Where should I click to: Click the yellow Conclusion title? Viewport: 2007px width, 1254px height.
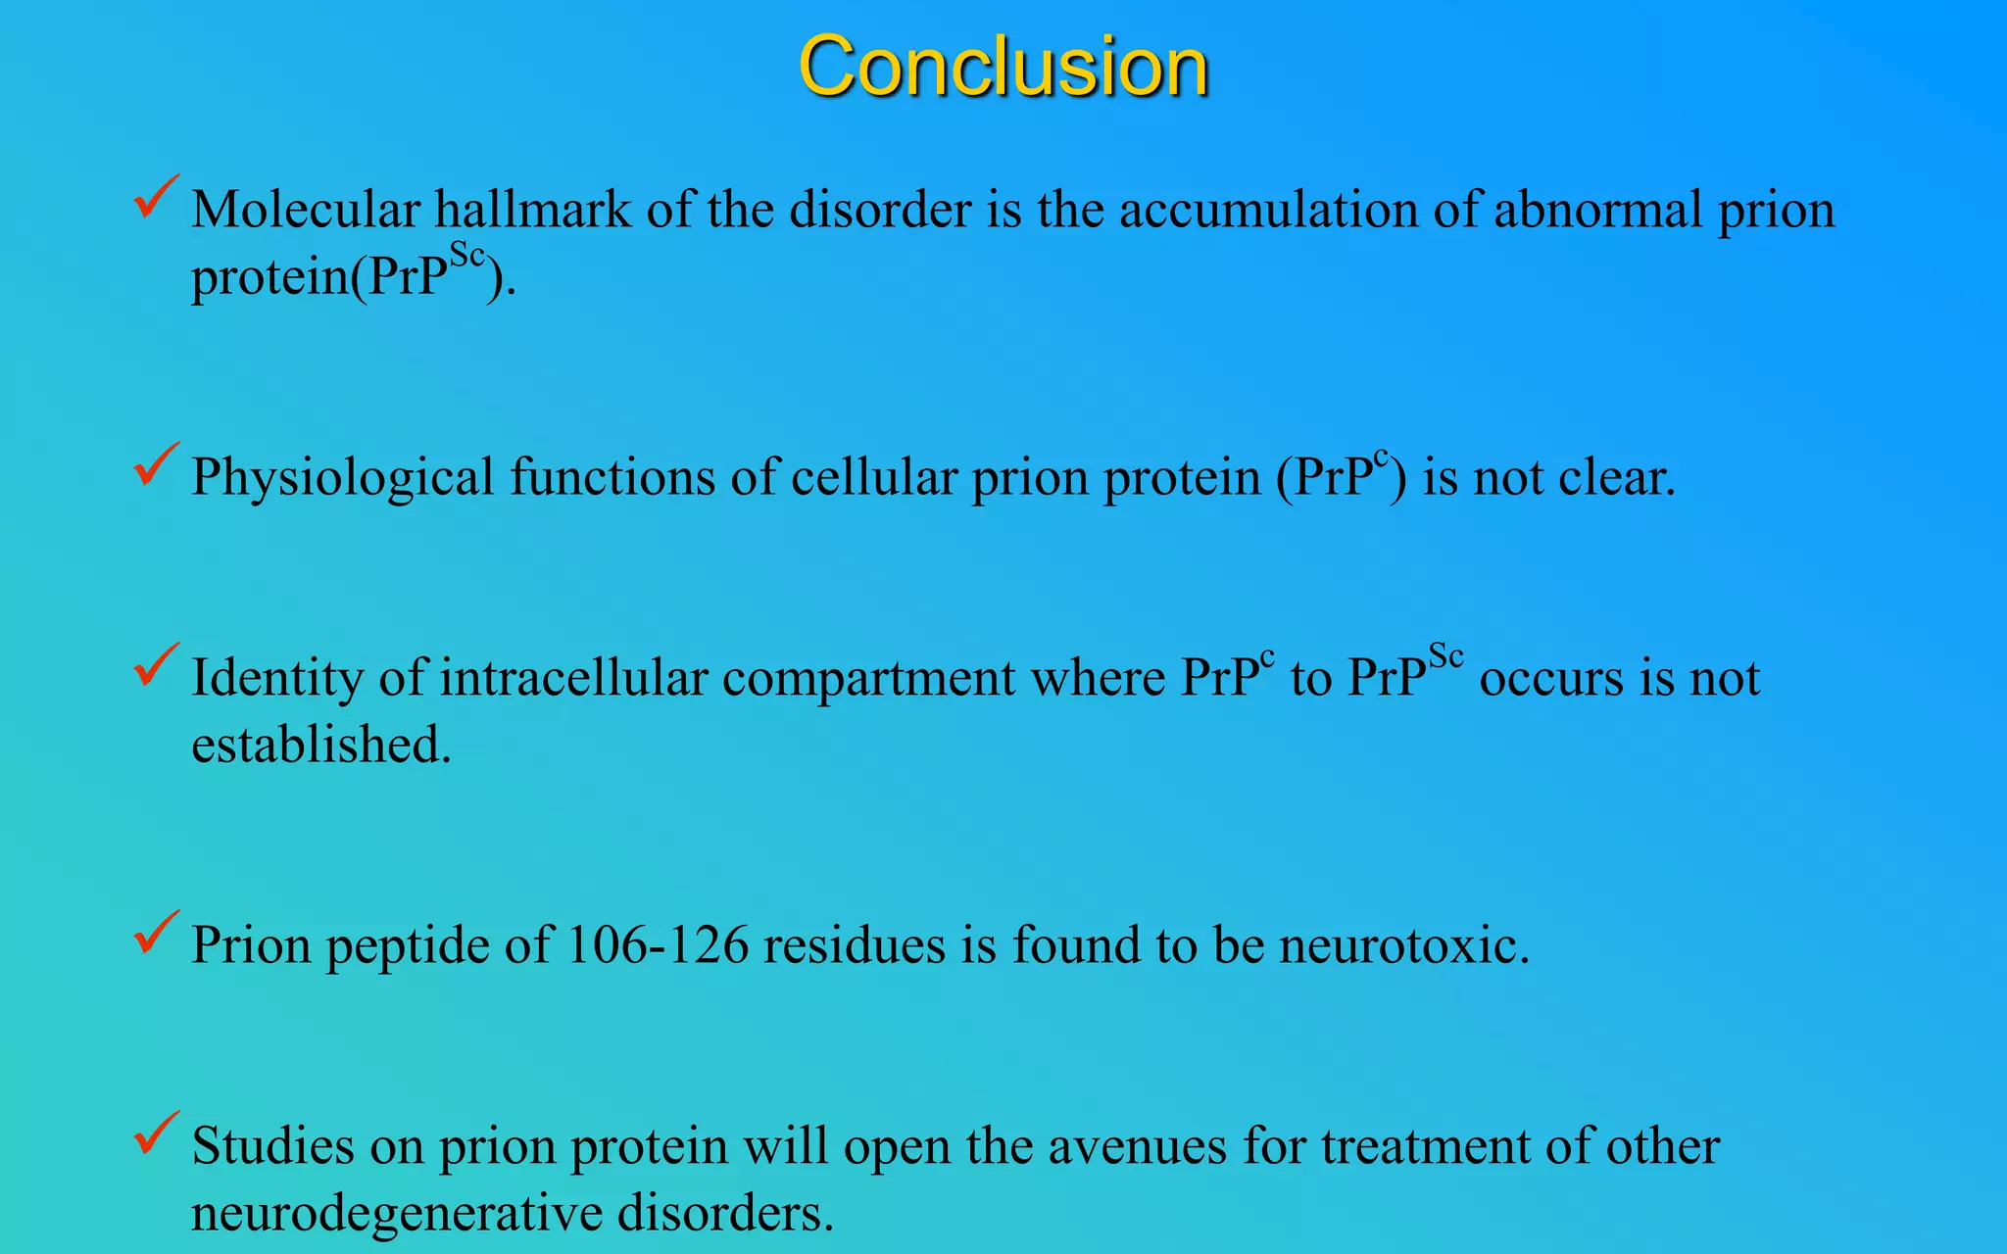[1003, 67]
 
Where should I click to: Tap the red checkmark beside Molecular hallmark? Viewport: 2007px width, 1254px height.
[155, 196]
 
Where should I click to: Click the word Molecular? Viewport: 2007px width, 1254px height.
[305, 210]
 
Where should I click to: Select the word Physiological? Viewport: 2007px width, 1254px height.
[342, 478]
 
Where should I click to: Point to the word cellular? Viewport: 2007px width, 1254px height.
[873, 478]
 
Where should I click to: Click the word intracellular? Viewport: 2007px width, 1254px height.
[573, 678]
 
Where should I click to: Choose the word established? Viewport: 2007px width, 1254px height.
[320, 745]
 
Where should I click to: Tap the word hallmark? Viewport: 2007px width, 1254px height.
[533, 210]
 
